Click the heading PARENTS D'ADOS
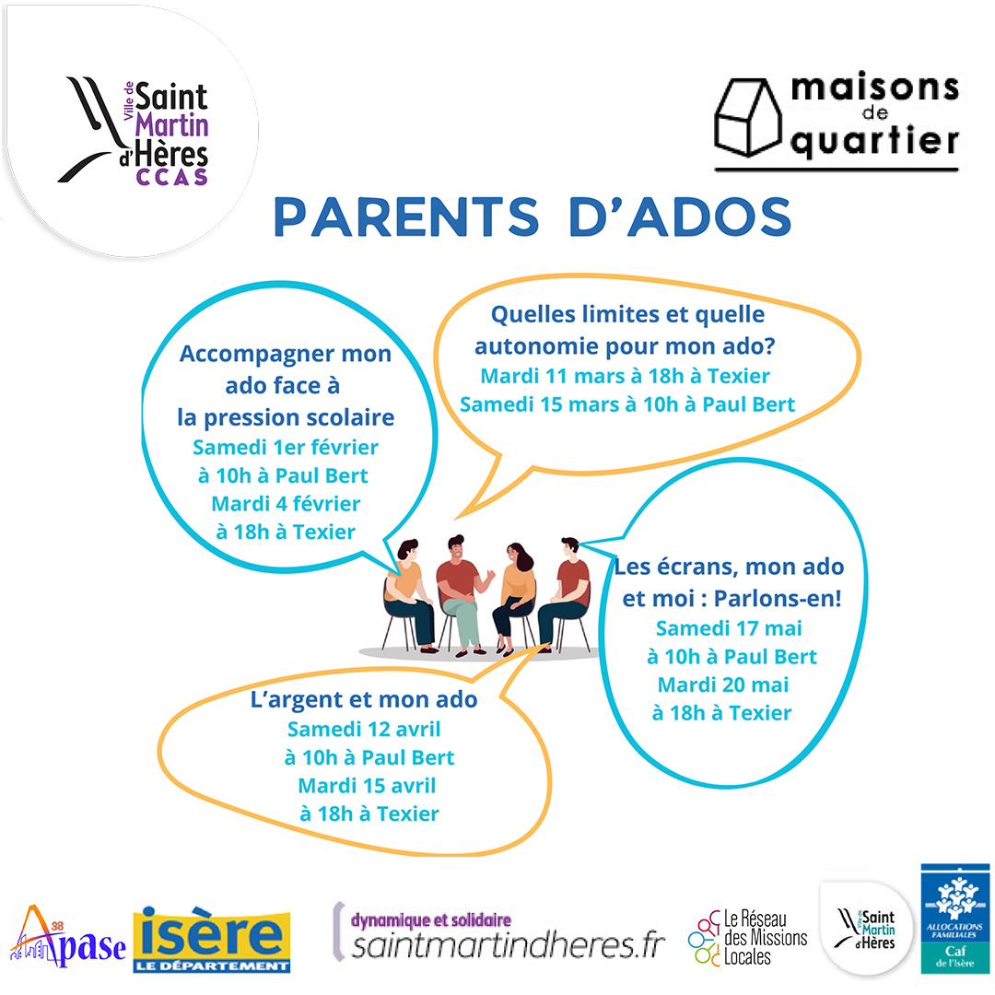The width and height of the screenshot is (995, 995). pos(533,217)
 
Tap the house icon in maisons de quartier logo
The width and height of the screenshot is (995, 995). pos(747,117)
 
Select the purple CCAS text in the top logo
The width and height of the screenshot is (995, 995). pos(172,177)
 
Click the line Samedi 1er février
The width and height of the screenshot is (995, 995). pos(286,447)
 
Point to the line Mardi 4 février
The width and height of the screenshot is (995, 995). pos(286,503)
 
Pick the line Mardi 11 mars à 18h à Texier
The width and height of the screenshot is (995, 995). pos(625,376)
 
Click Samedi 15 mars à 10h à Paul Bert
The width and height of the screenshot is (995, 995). pos(627,404)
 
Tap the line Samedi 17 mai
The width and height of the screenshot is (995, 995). pos(729,627)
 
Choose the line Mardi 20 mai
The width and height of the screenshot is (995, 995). pos(723,684)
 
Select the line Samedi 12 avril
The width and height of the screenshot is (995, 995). pos(364,729)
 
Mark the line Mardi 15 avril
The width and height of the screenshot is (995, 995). pos(367,785)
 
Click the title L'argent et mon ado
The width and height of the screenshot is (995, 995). pos(364,698)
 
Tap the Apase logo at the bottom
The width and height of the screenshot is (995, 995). pos(68,937)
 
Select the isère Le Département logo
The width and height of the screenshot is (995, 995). pos(212,940)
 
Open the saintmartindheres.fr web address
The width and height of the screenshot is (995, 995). pos(509,945)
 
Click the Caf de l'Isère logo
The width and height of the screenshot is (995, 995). pos(955,919)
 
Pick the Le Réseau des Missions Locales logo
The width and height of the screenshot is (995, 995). pos(747,937)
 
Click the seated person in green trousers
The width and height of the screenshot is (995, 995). pos(461,595)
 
